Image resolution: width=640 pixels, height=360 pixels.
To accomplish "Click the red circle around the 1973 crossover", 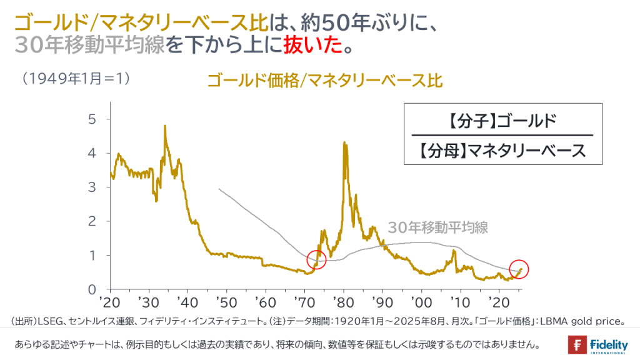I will click(317, 259).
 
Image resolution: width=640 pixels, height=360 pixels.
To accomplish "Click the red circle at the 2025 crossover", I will click(519, 269).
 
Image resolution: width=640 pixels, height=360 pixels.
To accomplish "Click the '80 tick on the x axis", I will click(343, 301).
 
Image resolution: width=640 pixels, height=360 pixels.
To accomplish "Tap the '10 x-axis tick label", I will click(460, 301).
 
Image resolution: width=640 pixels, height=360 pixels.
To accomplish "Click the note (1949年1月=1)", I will click(75, 79).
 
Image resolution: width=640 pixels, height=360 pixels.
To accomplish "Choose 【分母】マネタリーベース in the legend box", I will click(502, 151).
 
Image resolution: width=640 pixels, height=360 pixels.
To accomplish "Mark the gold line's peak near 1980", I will click(344, 143).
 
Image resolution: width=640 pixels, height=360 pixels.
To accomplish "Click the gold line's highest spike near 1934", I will click(164, 126).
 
